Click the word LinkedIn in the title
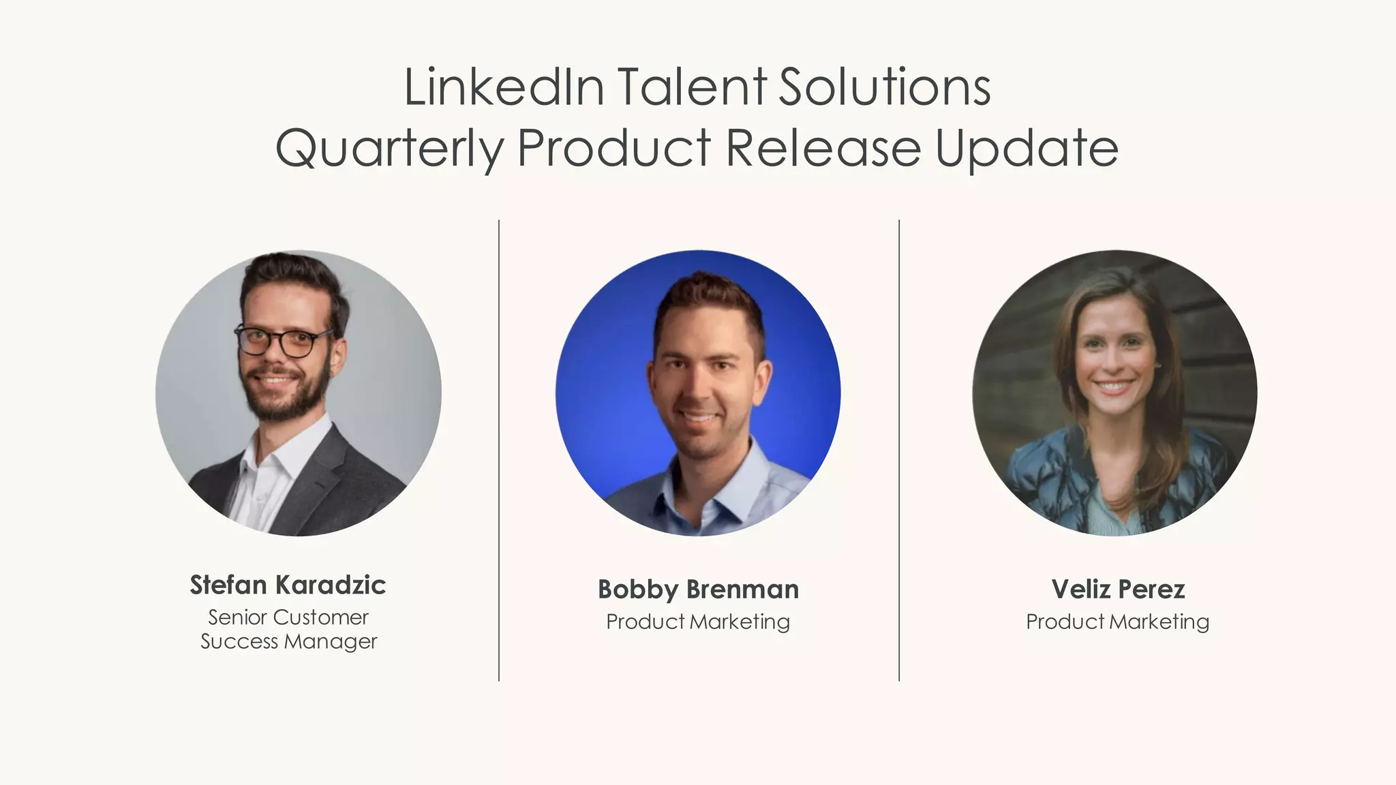click(x=504, y=87)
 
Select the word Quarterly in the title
click(x=390, y=149)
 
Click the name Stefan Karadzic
click(x=288, y=585)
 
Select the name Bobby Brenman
click(x=698, y=589)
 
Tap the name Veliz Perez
click(x=1118, y=589)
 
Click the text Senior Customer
click(x=288, y=617)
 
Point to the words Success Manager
click(x=288, y=642)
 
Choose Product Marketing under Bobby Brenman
click(x=698, y=621)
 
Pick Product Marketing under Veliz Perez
click(x=1118, y=621)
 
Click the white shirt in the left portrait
click(x=262, y=484)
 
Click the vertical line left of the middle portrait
click(x=499, y=450)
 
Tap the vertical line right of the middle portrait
click(x=899, y=450)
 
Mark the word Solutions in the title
click(x=884, y=87)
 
